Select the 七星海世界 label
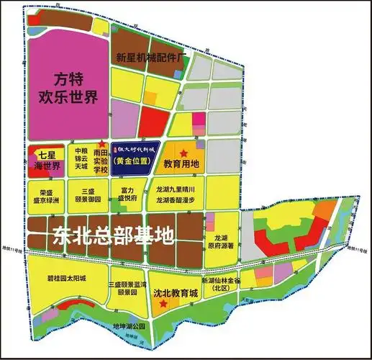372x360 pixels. (x=47, y=161)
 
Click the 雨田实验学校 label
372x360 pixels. (x=101, y=160)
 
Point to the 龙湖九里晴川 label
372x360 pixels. (x=176, y=189)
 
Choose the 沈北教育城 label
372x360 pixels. (x=171, y=294)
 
